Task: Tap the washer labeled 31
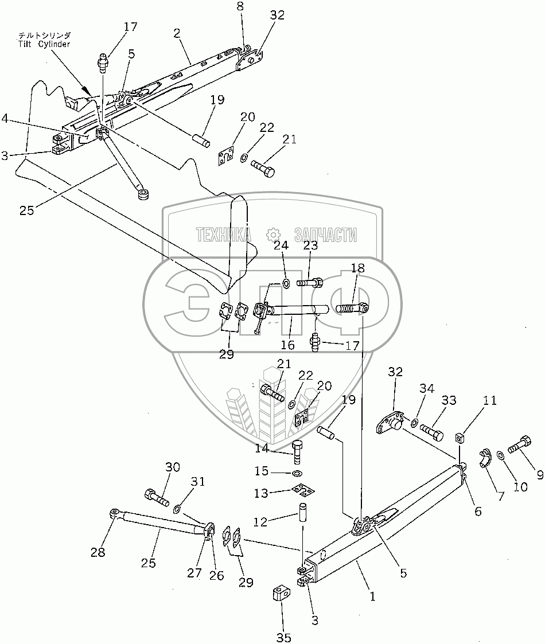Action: click(x=177, y=508)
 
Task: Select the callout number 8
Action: click(x=240, y=6)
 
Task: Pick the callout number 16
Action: click(x=287, y=345)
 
